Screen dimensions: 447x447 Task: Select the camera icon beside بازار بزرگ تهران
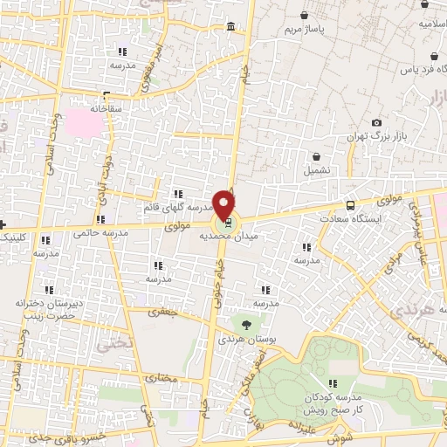[376, 123]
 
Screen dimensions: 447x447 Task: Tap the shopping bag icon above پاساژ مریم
[303, 16]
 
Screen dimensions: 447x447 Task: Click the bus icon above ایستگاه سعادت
[350, 205]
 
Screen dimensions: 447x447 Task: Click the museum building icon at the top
[230, 29]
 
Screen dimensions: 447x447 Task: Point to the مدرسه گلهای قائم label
[179, 209]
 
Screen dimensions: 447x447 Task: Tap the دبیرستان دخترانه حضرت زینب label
[43, 308]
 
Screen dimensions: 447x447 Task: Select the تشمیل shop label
[316, 170]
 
